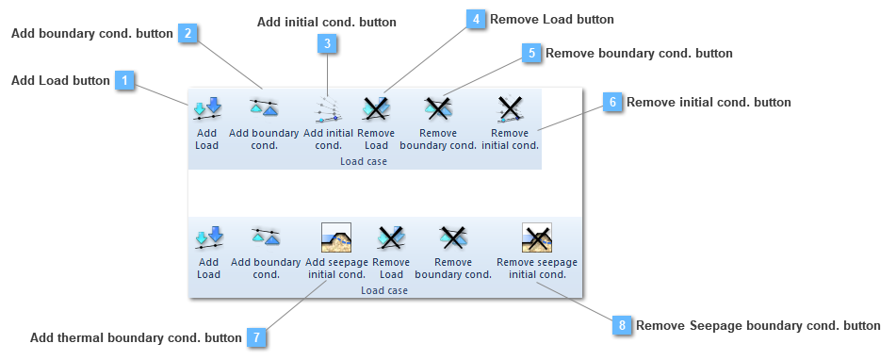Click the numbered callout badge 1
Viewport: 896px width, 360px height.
(x=124, y=81)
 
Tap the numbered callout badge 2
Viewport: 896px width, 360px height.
(x=188, y=34)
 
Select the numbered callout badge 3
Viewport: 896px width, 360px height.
(x=327, y=43)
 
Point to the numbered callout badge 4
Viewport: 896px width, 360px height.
(x=478, y=20)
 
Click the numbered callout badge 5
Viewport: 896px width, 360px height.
(x=532, y=54)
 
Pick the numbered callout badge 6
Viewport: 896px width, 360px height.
(x=612, y=102)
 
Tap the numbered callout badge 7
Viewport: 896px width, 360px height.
(x=255, y=337)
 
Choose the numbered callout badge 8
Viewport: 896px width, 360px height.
(x=622, y=326)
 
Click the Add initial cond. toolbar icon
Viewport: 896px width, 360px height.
(x=327, y=110)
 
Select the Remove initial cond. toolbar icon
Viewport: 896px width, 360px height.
(x=510, y=110)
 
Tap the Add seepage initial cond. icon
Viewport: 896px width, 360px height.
(x=336, y=237)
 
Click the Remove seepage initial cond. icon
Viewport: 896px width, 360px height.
(x=536, y=237)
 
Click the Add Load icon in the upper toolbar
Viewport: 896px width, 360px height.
(x=207, y=109)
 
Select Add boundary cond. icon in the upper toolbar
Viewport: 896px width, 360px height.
(x=264, y=108)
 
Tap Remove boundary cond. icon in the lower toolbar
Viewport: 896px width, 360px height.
(x=453, y=237)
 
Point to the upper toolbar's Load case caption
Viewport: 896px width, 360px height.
(x=364, y=161)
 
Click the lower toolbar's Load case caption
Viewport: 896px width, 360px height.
(x=384, y=290)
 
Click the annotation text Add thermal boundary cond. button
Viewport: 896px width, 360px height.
(x=136, y=337)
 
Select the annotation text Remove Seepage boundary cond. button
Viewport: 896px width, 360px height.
(x=758, y=326)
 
